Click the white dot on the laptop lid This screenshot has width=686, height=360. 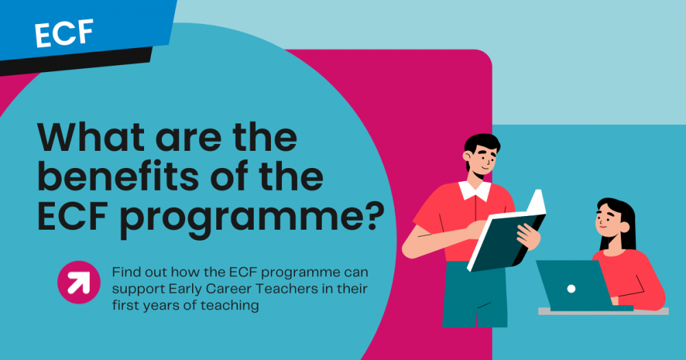tap(571, 288)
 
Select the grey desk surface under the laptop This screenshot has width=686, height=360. tap(604, 311)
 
